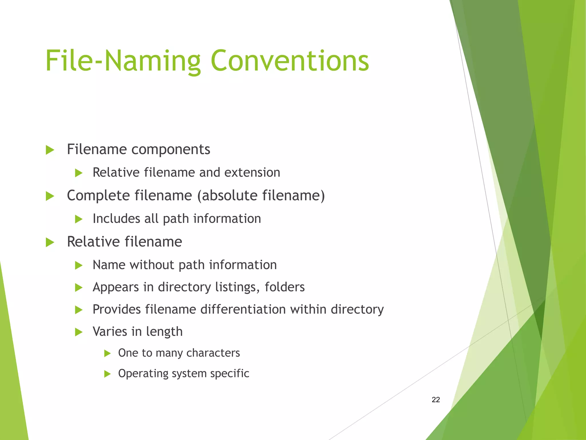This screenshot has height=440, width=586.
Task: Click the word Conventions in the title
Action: [290, 61]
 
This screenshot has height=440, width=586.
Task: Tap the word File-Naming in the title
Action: [123, 61]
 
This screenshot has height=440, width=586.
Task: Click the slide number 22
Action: [435, 400]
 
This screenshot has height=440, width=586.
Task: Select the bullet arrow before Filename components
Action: [50, 150]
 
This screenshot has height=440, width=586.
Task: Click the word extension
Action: [252, 172]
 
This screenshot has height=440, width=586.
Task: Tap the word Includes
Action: [116, 219]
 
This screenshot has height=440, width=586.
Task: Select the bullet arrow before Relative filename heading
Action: [50, 242]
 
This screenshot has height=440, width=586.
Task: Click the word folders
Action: [284, 287]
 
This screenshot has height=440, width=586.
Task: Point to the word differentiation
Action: [243, 309]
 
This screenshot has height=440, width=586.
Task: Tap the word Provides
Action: [116, 309]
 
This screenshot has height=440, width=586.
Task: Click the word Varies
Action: [110, 332]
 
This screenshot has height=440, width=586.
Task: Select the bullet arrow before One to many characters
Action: [107, 353]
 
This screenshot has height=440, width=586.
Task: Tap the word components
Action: [171, 150]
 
